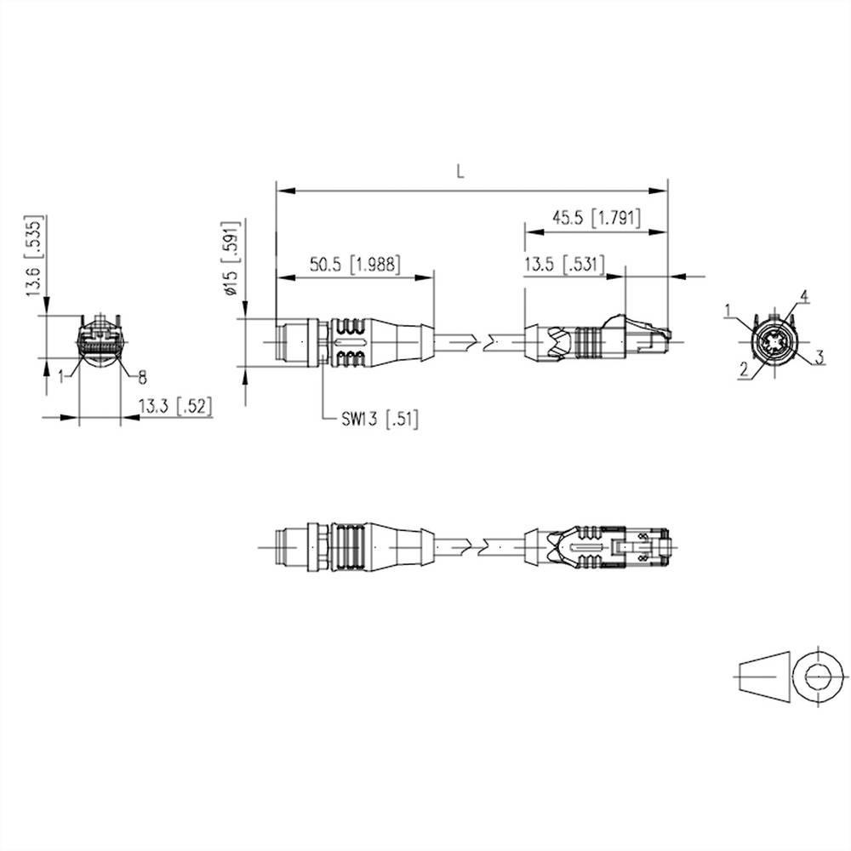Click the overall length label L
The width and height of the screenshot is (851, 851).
460,171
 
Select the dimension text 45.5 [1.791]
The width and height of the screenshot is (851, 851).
595,217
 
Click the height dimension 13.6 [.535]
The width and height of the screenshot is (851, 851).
35,257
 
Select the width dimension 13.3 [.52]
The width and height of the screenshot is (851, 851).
174,408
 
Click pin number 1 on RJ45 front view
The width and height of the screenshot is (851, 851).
61,374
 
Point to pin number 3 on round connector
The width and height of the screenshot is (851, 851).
819,357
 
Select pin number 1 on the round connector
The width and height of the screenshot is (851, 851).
728,310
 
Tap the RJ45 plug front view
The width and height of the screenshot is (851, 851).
100,342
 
